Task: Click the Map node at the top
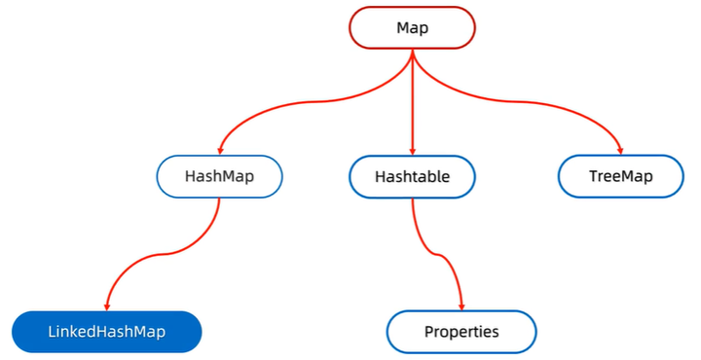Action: point(413,28)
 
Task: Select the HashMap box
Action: point(219,177)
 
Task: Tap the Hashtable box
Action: point(413,177)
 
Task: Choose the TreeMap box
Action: point(621,177)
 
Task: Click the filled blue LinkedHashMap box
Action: point(107,332)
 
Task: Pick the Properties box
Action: point(461,332)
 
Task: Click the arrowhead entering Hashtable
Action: point(413,151)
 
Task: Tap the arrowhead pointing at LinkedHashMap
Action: point(107,305)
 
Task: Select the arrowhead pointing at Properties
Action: point(461,305)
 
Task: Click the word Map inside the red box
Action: point(413,28)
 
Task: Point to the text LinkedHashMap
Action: point(107,332)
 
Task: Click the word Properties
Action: point(461,332)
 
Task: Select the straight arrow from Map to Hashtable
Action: point(413,107)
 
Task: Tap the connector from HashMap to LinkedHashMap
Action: point(166,254)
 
